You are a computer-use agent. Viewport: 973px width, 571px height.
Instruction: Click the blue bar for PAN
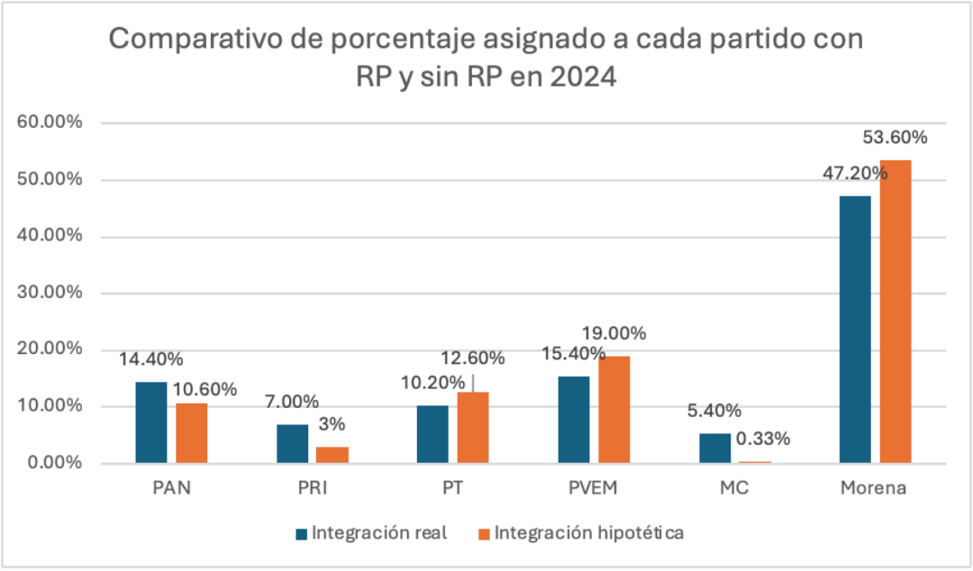click(x=151, y=422)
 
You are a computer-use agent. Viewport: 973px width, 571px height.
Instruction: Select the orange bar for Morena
click(x=896, y=312)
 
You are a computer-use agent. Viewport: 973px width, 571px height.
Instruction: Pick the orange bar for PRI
click(x=332, y=454)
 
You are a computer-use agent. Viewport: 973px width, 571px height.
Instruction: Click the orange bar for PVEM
click(x=614, y=410)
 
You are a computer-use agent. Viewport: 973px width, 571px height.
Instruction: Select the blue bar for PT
click(x=432, y=434)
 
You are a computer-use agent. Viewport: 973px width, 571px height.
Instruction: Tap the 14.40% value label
click(x=151, y=359)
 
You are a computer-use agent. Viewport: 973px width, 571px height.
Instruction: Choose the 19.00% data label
click(x=614, y=333)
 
